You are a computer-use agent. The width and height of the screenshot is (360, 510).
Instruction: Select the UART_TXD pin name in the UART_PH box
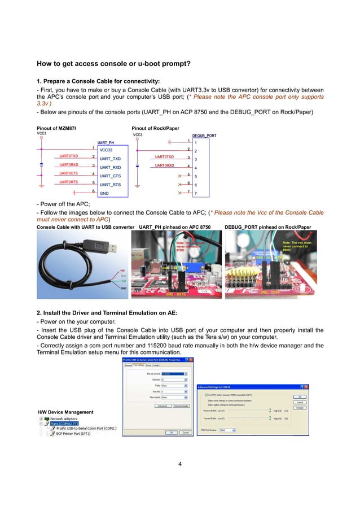click(x=110, y=159)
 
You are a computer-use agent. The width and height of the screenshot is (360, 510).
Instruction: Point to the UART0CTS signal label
click(x=69, y=173)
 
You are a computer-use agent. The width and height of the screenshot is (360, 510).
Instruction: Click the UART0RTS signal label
click(x=69, y=182)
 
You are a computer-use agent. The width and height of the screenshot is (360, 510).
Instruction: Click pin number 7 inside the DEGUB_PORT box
click(x=195, y=194)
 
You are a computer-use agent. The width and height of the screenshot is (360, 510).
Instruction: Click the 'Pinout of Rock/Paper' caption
click(x=155, y=128)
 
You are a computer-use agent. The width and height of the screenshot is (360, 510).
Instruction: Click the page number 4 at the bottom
click(x=179, y=464)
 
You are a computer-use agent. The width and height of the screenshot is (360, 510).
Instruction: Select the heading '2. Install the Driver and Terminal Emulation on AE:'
click(x=107, y=312)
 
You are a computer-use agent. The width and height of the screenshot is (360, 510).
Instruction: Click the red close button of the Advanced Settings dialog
click(x=305, y=386)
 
